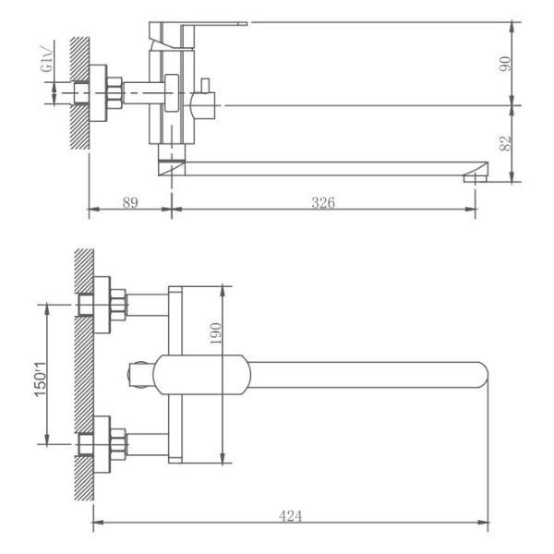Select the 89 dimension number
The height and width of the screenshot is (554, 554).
pyautogui.click(x=130, y=203)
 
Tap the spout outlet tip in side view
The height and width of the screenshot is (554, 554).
pyautogui.click(x=475, y=175)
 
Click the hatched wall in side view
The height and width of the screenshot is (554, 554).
pyautogui.click(x=80, y=92)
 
